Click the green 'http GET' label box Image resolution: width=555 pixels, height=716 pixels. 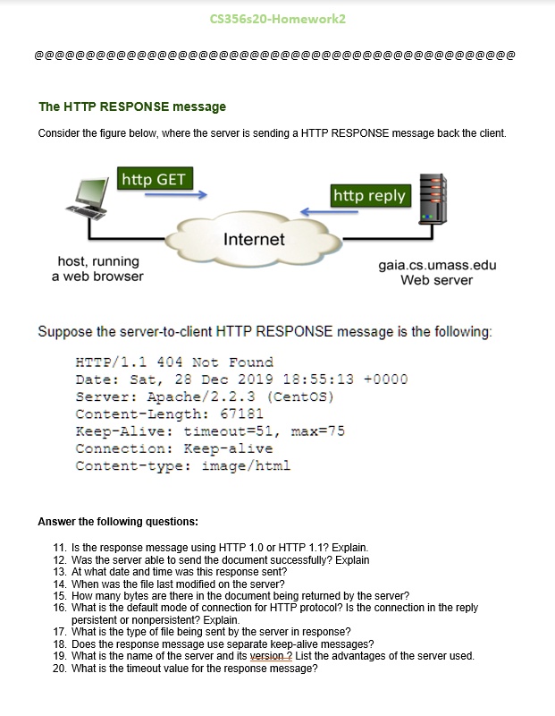pyautogui.click(x=154, y=179)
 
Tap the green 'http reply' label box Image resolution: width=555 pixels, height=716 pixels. pyautogui.click(x=369, y=195)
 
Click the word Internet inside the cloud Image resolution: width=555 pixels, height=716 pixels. pyautogui.click(x=254, y=239)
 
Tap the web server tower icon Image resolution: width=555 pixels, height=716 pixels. pyautogui.click(x=433, y=199)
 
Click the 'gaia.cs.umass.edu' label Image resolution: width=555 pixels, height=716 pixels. pyautogui.click(x=437, y=266)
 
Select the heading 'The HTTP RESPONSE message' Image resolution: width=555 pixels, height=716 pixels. pyautogui.click(x=132, y=107)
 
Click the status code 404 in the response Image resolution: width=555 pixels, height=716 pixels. pyautogui.click(x=171, y=362)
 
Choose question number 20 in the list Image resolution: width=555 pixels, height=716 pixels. pyautogui.click(x=60, y=668)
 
